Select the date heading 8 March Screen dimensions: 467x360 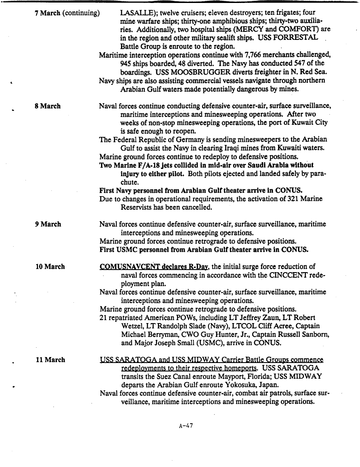click(x=48, y=106)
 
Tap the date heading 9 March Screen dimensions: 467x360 click(x=48, y=224)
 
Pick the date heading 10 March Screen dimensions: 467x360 click(x=50, y=267)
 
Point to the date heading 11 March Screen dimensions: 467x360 click(x=50, y=360)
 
